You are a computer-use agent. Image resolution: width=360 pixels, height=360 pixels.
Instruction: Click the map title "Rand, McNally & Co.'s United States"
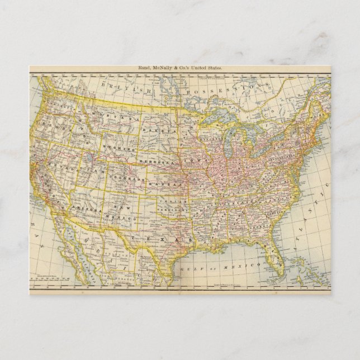pyautogui.click(x=179, y=68)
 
